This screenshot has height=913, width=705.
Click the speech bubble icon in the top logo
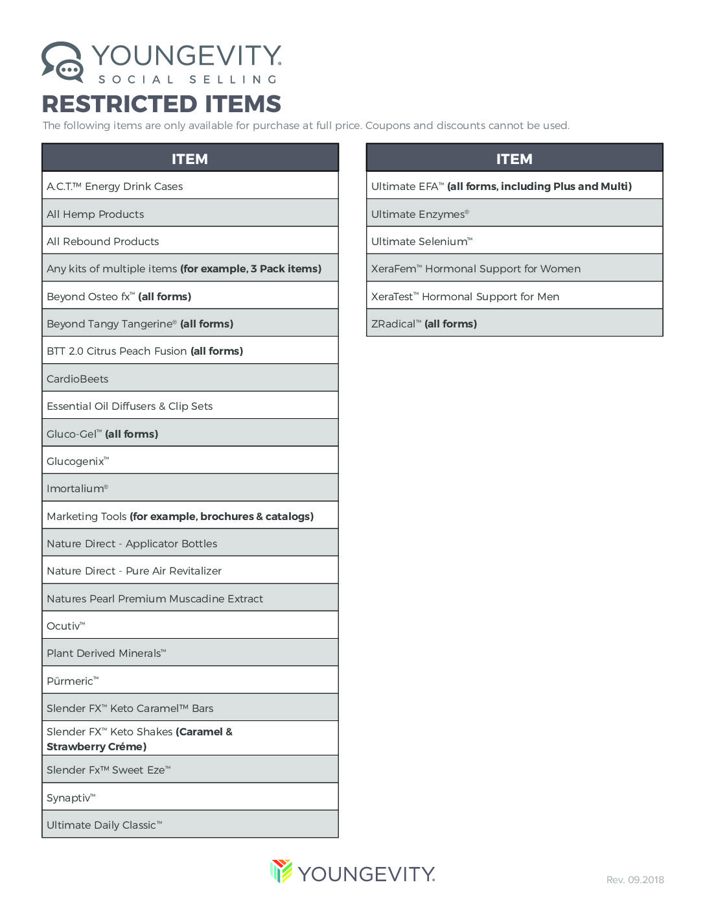tap(62, 62)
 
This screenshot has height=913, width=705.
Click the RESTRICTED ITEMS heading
tap(161, 104)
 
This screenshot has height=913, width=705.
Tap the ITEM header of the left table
tap(190, 159)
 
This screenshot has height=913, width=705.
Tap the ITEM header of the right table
tap(514, 159)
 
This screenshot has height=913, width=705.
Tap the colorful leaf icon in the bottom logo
tap(281, 871)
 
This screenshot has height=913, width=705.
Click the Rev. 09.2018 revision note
tap(635, 880)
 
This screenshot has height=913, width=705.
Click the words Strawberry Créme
tap(97, 747)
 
